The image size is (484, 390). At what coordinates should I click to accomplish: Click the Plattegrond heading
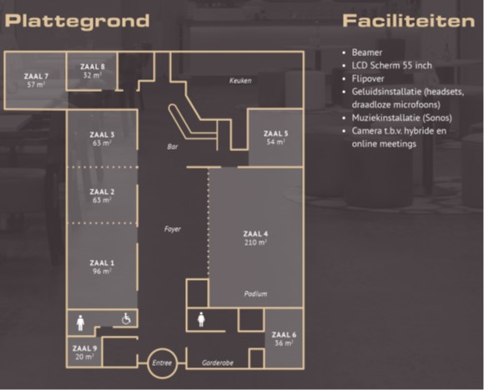[x=77, y=22]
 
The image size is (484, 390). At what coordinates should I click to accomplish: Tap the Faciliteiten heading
[x=408, y=21]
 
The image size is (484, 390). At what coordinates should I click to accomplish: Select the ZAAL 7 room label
[x=36, y=76]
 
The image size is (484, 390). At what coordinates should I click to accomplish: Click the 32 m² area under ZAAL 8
[x=93, y=75]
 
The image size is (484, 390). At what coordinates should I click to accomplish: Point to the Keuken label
[x=240, y=81]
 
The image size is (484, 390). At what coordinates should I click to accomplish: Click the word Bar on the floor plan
[x=172, y=146]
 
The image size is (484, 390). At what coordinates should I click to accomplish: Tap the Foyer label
[x=172, y=229]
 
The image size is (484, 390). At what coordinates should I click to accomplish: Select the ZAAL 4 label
[x=255, y=234]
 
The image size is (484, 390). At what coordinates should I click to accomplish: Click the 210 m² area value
[x=255, y=242]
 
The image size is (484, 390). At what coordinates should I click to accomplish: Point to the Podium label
[x=255, y=294]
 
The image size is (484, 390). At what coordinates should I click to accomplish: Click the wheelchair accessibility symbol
[x=126, y=319]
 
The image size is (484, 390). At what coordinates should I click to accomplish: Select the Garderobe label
[x=218, y=362]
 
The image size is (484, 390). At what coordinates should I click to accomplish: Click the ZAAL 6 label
[x=284, y=335]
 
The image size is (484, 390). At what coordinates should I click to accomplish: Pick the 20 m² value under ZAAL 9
[x=84, y=357]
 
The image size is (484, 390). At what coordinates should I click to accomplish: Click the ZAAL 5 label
[x=275, y=134]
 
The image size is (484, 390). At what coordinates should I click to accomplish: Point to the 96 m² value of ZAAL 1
[x=102, y=271]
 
